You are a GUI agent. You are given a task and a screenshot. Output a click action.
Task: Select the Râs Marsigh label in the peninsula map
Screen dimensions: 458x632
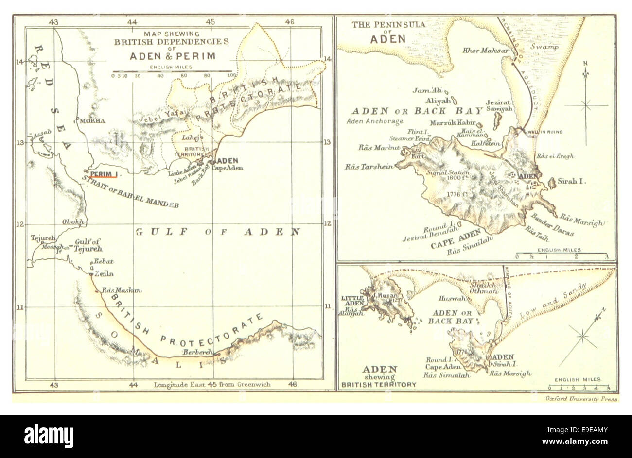point(582,220)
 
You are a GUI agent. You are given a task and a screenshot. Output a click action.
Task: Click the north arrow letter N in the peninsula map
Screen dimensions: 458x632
point(585,64)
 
